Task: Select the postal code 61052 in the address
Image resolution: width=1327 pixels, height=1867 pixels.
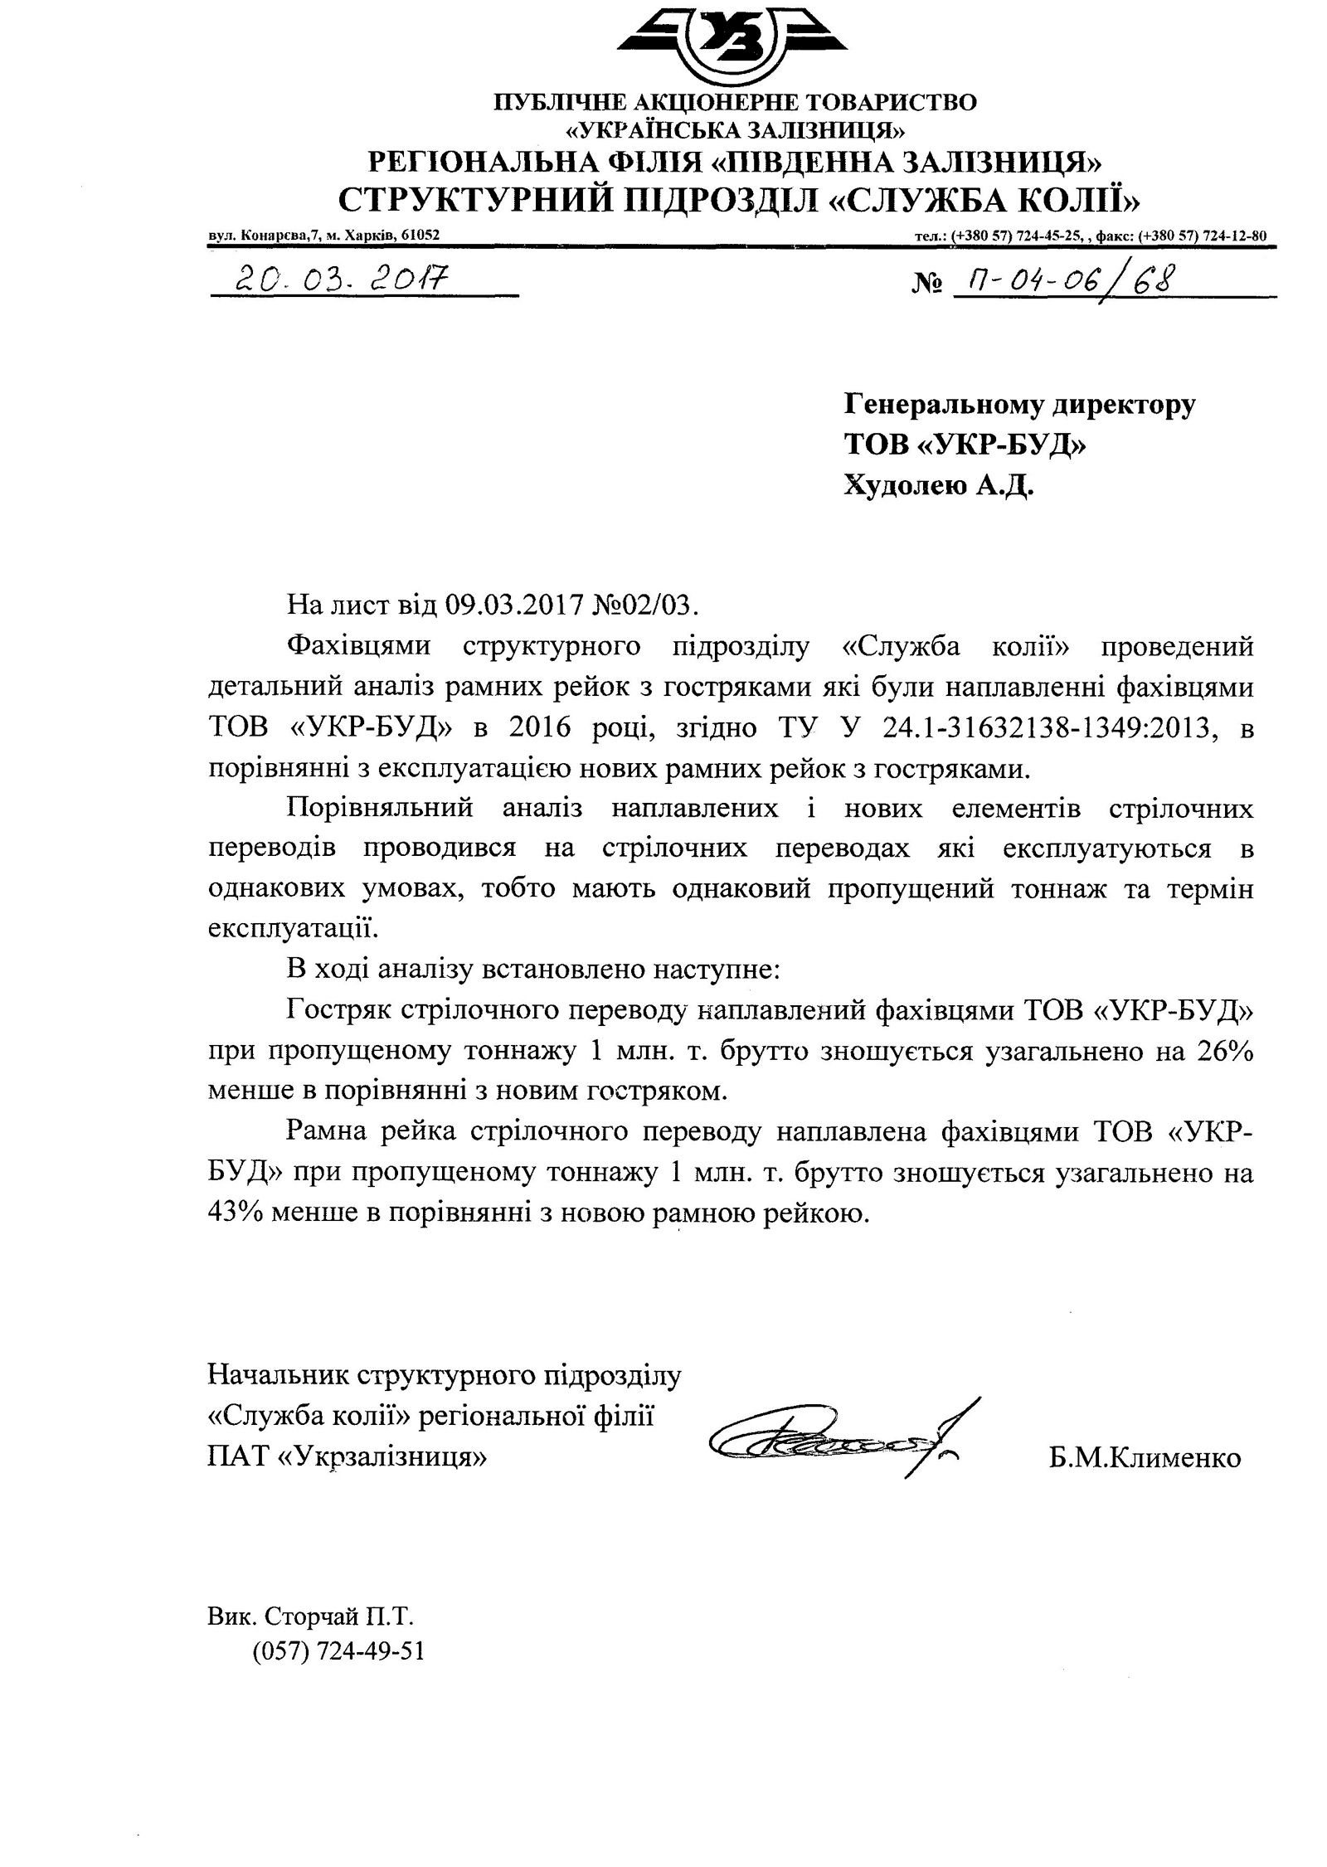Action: (419, 235)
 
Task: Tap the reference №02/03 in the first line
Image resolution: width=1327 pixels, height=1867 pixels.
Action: (647, 605)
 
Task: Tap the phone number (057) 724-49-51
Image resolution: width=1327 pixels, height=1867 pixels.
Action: (338, 1651)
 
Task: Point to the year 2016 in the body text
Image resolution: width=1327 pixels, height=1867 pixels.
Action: (543, 727)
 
